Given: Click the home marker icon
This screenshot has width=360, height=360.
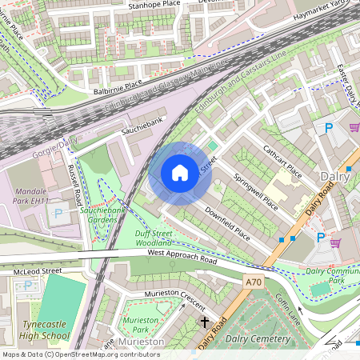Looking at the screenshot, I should coord(180,172).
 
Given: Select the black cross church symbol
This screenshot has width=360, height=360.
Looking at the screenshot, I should coord(204,322).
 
